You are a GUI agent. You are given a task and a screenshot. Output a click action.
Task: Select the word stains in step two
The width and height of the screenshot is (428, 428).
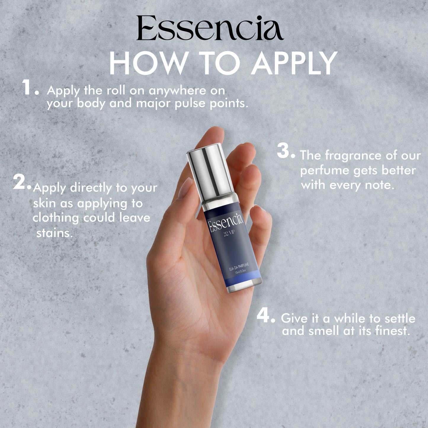click(54, 233)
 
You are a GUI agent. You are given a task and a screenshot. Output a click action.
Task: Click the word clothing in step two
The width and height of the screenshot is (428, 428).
click(56, 218)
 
